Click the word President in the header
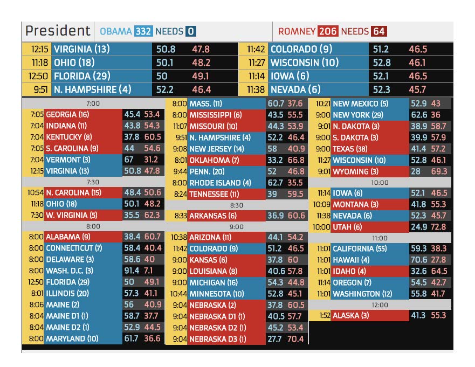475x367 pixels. (x=58, y=31)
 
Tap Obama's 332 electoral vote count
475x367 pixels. (x=143, y=31)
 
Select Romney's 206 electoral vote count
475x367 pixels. (x=328, y=31)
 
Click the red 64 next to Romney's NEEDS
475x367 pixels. (x=379, y=31)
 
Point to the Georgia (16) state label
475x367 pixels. (x=67, y=114)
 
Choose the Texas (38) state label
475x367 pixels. (x=350, y=149)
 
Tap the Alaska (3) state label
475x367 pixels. (x=351, y=315)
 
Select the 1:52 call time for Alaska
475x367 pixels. (x=325, y=315)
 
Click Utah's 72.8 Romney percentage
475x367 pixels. (x=438, y=227)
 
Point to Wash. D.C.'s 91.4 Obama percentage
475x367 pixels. (x=132, y=271)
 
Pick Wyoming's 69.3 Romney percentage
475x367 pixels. (x=439, y=171)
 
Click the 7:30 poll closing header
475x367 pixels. (x=93, y=182)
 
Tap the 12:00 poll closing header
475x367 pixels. (x=380, y=305)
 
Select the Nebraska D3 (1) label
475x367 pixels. (x=218, y=339)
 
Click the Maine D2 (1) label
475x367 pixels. (x=67, y=327)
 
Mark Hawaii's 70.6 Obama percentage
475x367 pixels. (x=419, y=260)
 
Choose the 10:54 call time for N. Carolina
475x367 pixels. (x=36, y=192)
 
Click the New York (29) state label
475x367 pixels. (x=358, y=115)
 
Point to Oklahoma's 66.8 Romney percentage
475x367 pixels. (x=295, y=160)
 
